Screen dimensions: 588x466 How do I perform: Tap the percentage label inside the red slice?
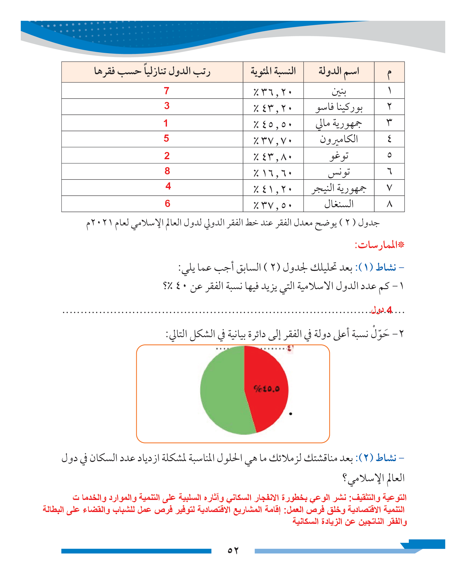point(266,389)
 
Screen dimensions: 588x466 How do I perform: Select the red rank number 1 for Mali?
point(166,123)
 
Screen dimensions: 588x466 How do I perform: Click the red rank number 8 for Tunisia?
point(167,171)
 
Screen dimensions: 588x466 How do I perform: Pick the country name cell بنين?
point(339,91)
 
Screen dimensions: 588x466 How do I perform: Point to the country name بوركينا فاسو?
point(339,107)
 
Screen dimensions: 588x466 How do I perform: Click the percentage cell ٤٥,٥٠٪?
point(273,124)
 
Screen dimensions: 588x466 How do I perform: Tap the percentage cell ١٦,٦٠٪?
point(273,173)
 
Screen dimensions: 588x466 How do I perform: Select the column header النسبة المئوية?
point(273,71)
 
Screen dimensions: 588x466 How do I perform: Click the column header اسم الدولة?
point(339,71)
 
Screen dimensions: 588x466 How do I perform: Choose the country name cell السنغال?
point(339,204)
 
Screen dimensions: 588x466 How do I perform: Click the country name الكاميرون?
point(339,139)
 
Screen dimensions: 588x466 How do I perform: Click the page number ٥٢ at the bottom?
point(233,550)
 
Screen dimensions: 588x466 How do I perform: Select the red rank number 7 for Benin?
point(166,91)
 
